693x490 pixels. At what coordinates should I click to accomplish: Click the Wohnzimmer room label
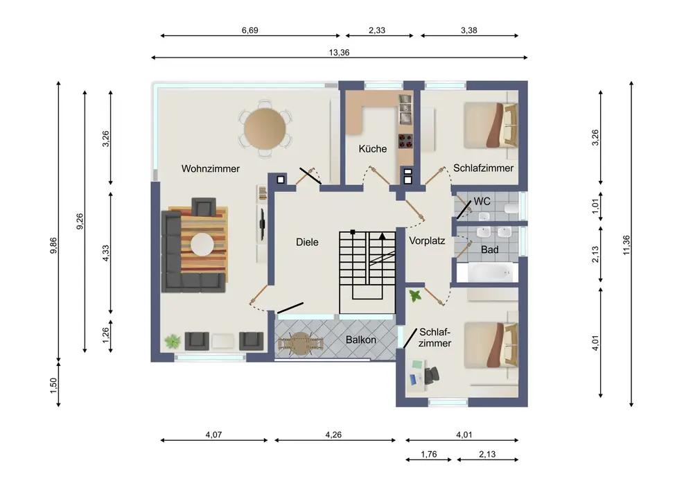pos(211,168)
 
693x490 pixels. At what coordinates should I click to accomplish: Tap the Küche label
pos(373,149)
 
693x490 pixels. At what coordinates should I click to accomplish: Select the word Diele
pos(307,242)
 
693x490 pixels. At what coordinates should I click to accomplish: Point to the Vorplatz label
pos(427,240)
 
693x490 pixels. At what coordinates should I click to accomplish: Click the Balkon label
pos(361,340)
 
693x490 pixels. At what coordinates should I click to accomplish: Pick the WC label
pos(482,202)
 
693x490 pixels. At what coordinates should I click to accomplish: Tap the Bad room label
pos(490,250)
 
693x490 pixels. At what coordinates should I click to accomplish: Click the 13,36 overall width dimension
pos(339,53)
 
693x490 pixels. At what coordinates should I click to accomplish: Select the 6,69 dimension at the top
pos(249,30)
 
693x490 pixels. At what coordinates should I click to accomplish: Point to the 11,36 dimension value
pos(626,245)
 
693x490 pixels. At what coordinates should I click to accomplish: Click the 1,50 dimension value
pos(53,385)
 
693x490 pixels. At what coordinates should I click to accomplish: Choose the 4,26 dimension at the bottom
pos(333,435)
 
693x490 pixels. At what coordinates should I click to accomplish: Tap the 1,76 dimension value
pos(429,454)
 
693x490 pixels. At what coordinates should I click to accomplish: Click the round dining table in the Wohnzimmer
pos(265,129)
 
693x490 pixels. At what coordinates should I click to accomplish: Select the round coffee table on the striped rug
pos(202,245)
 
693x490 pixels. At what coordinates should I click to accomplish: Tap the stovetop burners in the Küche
pos(405,141)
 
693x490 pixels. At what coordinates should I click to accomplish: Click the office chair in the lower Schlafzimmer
pos(432,375)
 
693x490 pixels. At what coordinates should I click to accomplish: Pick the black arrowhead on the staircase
pos(383,236)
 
